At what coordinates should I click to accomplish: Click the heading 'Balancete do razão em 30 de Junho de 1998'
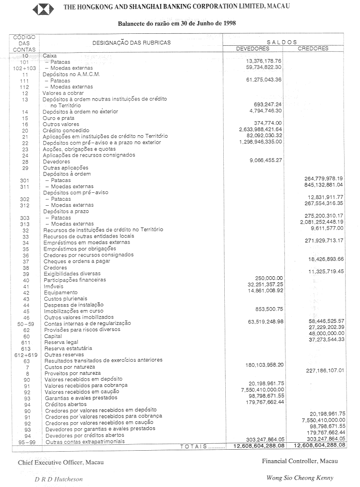click(177, 23)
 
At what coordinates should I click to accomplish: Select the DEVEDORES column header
click(253, 49)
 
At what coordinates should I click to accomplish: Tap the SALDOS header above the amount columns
click(282, 42)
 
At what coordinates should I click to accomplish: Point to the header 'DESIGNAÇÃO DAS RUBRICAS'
click(131, 43)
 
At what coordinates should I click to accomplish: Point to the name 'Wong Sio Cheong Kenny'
click(300, 478)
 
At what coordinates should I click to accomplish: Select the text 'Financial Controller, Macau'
click(300, 461)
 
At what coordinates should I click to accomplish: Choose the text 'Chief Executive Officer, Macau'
click(61, 462)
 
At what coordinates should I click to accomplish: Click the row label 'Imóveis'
click(53, 286)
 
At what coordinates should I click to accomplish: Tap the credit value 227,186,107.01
click(323, 370)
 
